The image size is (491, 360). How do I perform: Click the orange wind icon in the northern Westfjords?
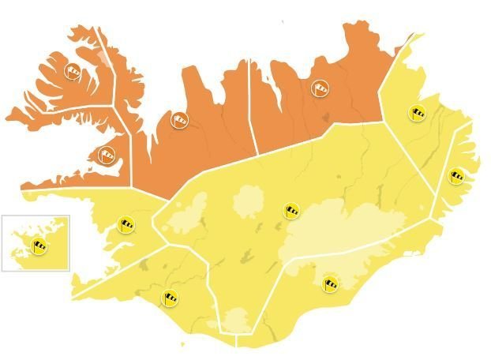coord(73,71)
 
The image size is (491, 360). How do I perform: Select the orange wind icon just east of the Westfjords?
coord(180,120)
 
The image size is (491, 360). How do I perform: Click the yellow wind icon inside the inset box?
coord(39,246)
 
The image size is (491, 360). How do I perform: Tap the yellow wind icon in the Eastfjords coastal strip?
coord(456,175)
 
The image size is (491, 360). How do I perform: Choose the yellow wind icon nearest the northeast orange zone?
coord(417,112)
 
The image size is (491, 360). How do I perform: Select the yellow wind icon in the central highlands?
coord(292,210)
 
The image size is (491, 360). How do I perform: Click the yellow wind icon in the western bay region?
coord(126,224)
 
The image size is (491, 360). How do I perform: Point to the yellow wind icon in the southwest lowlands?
coord(171,298)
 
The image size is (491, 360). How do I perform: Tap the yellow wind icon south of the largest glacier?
coord(330,282)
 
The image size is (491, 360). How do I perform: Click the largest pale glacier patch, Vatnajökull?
coord(339,229)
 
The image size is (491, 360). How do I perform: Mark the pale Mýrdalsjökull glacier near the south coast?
coord(237,320)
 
